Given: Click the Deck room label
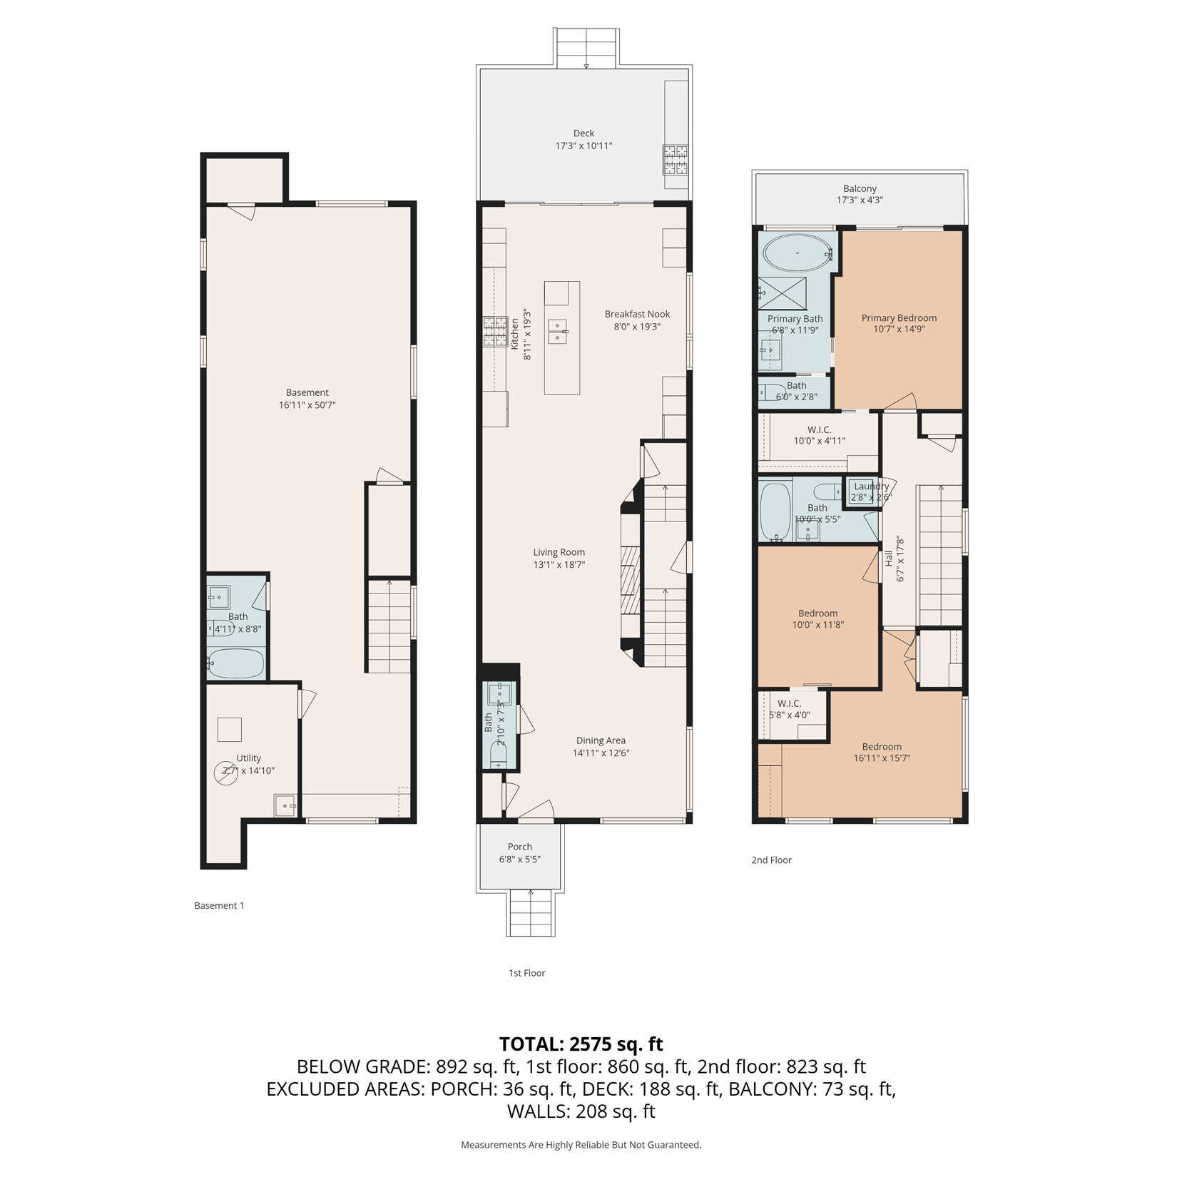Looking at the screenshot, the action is point(584,133).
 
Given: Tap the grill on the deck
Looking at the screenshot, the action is point(675,160).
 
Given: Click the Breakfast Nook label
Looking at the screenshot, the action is point(637,314).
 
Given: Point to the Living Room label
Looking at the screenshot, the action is point(559,552).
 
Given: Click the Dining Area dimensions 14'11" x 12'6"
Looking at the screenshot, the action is point(601,753).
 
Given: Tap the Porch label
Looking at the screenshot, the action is point(520,847).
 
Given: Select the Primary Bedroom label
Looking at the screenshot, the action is point(899,318).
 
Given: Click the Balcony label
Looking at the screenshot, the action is point(860,188).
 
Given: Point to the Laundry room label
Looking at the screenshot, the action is point(871,486).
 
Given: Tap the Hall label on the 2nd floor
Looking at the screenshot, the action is point(889,558).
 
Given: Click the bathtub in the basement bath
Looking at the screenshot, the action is point(236,663).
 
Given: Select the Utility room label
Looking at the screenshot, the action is point(249,758).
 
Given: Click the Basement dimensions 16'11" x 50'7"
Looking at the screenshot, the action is point(307,405).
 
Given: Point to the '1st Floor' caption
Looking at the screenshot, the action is point(526,973).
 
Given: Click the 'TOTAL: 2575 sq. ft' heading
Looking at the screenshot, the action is point(581,1044).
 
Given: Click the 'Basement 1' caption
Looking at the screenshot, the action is point(219,905).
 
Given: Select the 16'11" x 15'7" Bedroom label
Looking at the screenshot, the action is point(882,753).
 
